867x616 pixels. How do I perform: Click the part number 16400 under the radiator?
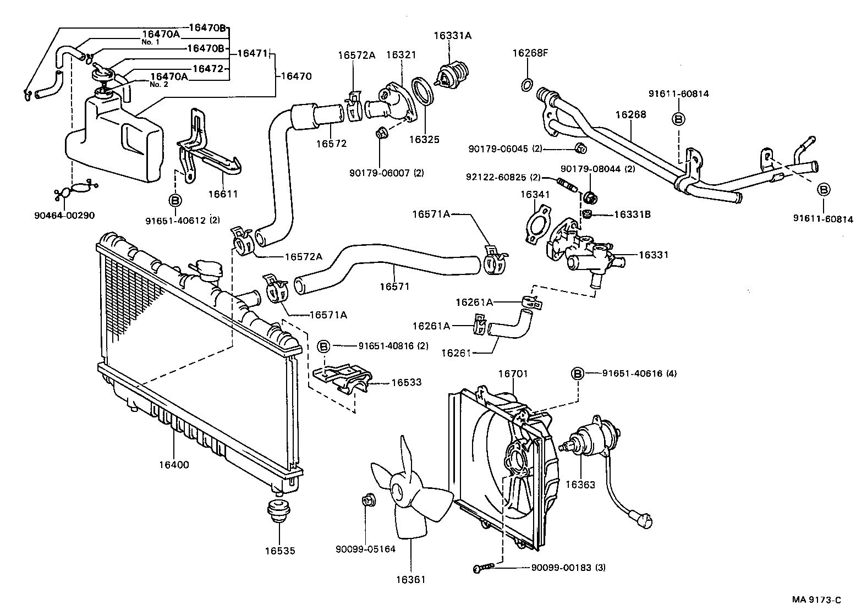tap(174, 465)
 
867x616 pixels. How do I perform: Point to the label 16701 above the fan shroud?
tap(513, 373)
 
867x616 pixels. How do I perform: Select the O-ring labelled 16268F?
tap(526, 85)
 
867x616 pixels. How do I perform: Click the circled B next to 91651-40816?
tap(324, 346)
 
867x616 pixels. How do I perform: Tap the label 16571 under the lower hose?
tap(394, 287)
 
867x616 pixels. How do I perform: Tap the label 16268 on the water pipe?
tap(630, 115)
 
